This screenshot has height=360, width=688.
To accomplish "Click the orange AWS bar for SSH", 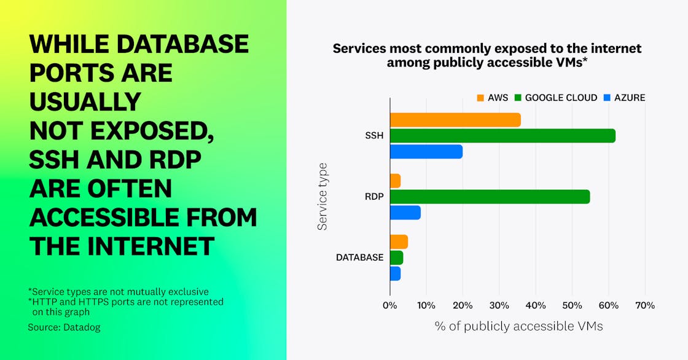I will [455, 120].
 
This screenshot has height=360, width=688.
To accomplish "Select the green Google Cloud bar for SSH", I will [502, 136].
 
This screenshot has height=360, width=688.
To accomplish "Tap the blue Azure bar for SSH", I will [426, 152].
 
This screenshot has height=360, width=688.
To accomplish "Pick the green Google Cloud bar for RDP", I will [490, 197].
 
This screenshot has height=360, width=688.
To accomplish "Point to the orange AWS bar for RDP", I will [396, 181].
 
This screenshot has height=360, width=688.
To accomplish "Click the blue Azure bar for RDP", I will [405, 213].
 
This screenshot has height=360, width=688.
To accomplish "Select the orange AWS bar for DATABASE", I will [399, 242].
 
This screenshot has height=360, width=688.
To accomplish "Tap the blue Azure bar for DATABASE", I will [396, 273].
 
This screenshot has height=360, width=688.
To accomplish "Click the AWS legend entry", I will [493, 98].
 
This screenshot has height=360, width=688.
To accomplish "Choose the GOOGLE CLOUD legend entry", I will [555, 98].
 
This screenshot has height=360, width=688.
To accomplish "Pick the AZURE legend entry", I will [624, 98].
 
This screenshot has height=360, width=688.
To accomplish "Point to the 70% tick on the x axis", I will [645, 305].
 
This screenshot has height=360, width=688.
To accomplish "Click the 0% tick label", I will [390, 305].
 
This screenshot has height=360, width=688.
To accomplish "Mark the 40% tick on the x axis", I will [536, 305].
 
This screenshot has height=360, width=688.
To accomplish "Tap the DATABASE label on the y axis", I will [359, 257].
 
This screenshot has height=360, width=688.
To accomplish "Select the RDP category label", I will [373, 197].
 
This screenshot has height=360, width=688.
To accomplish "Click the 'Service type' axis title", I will [322, 197].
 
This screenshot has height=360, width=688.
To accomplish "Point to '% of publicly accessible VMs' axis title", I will [518, 326].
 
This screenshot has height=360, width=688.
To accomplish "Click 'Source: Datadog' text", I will [64, 327].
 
